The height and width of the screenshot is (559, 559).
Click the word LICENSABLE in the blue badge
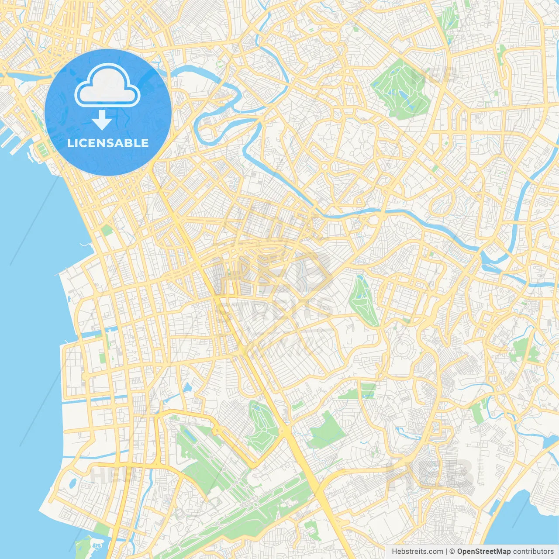click(108, 143)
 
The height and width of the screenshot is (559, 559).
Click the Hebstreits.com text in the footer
click(417, 552)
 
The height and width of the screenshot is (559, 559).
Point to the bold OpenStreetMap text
click(483, 552)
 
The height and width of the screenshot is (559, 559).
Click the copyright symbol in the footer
click(452, 552)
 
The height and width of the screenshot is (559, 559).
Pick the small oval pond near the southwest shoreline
click(73, 483)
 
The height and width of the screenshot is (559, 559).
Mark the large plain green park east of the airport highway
click(325, 430)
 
